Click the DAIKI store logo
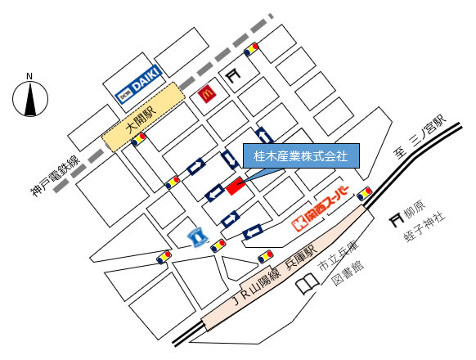tap(139, 84)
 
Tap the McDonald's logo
tap(207, 94)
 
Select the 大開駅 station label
tap(141, 120)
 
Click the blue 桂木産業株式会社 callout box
tap(301, 156)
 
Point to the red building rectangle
tap(236, 186)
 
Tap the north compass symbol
tap(30, 99)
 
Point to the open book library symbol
tap(308, 283)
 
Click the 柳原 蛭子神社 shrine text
tap(424, 221)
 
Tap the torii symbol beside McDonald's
tap(233, 75)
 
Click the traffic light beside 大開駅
tap(139, 139)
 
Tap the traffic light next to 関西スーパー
tap(364, 194)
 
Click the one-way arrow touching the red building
tap(215, 193)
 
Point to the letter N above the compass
tap(29, 76)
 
